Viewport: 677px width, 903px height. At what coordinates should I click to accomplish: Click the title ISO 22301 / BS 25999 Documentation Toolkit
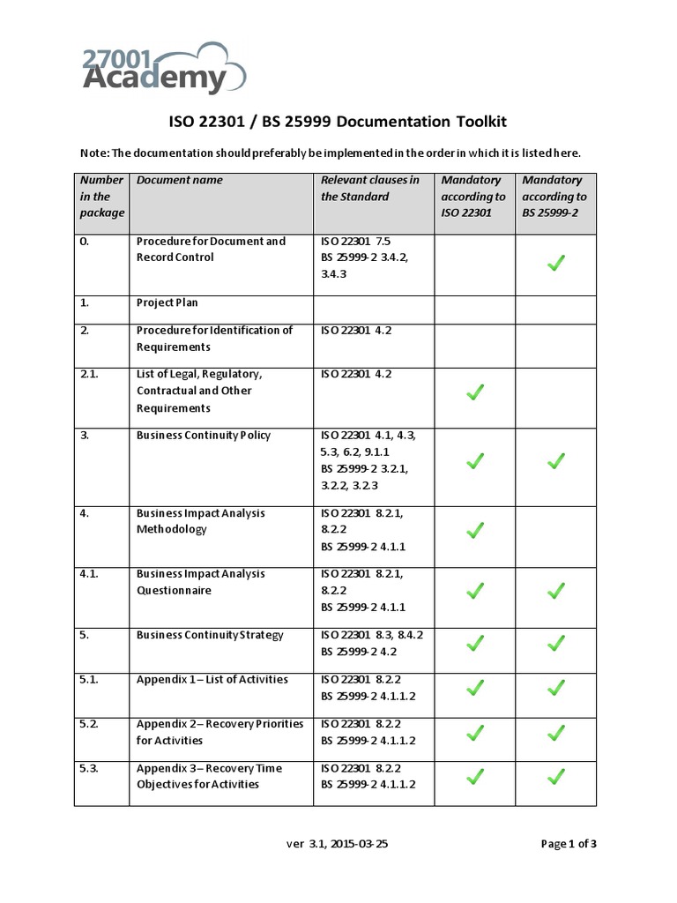(338, 122)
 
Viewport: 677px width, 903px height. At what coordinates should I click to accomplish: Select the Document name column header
(180, 180)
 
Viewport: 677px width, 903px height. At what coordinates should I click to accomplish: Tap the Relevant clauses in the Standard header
(370, 188)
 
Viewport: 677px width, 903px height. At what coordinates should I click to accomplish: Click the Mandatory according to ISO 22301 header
(473, 196)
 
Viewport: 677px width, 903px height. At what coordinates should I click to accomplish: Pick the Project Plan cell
(167, 302)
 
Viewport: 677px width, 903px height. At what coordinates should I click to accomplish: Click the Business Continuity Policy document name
(204, 436)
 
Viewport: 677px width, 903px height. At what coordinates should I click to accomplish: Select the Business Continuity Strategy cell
(210, 635)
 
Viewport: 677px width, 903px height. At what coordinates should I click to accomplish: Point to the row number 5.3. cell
(89, 768)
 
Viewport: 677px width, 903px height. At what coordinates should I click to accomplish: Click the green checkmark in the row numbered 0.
(555, 262)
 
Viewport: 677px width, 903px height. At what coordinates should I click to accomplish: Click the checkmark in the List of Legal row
(474, 392)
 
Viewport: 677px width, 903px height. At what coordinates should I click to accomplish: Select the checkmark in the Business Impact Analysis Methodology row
(474, 530)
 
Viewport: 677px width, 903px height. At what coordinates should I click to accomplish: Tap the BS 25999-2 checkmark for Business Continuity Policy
(555, 460)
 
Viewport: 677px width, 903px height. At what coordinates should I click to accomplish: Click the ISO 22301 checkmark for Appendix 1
(474, 686)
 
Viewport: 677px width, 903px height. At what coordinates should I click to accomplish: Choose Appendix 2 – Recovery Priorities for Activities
(219, 732)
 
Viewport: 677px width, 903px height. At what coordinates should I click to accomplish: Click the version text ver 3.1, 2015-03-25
(338, 844)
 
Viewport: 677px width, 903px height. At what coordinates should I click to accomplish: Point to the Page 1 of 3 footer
(569, 844)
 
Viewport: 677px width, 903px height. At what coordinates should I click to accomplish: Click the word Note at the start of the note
(93, 153)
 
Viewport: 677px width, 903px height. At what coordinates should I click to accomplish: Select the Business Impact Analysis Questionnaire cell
(200, 582)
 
